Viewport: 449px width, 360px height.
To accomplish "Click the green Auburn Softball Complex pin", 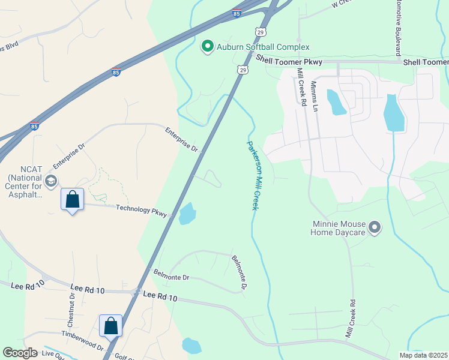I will tap(208, 46).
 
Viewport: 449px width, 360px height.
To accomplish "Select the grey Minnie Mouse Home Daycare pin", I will tap(375, 227).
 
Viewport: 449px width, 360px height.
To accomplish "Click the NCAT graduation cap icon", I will tap(51, 181).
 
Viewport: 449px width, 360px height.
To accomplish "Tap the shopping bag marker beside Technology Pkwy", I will tap(72, 200).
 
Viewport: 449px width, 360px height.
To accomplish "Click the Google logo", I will tap(20, 353).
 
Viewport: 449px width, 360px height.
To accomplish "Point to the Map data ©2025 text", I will tap(424, 355).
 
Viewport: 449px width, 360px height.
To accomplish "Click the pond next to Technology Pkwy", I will tap(187, 214).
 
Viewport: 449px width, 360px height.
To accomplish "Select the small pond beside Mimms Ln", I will tap(336, 102).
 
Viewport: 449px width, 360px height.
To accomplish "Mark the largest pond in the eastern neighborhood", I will tap(393, 113).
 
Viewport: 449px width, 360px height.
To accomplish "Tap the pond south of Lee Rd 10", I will tap(191, 346).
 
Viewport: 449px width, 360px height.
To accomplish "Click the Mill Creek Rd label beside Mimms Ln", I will tap(301, 87).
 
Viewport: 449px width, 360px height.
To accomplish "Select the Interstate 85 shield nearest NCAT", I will tap(35, 127).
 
